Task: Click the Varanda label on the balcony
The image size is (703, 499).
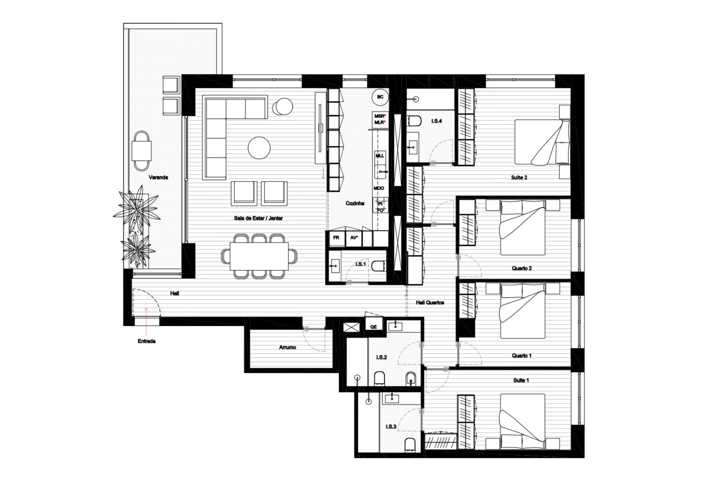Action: pos(158,177)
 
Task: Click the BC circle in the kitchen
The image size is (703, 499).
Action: pos(380,97)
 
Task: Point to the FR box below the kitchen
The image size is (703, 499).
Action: pos(336,238)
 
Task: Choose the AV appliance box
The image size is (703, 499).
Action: pos(354,238)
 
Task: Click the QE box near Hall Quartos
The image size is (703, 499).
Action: pos(374,326)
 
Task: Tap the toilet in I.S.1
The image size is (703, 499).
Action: pos(378,266)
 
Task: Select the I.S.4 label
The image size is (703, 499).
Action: pos(437,121)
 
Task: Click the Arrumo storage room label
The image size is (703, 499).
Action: pos(288,347)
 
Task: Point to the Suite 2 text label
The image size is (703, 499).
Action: pos(519,177)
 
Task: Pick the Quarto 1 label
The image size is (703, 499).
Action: pos(522,356)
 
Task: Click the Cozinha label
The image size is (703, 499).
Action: pos(355,204)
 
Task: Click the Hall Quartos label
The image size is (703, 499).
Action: pos(430,303)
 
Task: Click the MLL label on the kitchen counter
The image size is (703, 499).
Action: pos(380,156)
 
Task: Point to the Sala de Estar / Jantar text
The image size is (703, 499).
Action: pos(258,218)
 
